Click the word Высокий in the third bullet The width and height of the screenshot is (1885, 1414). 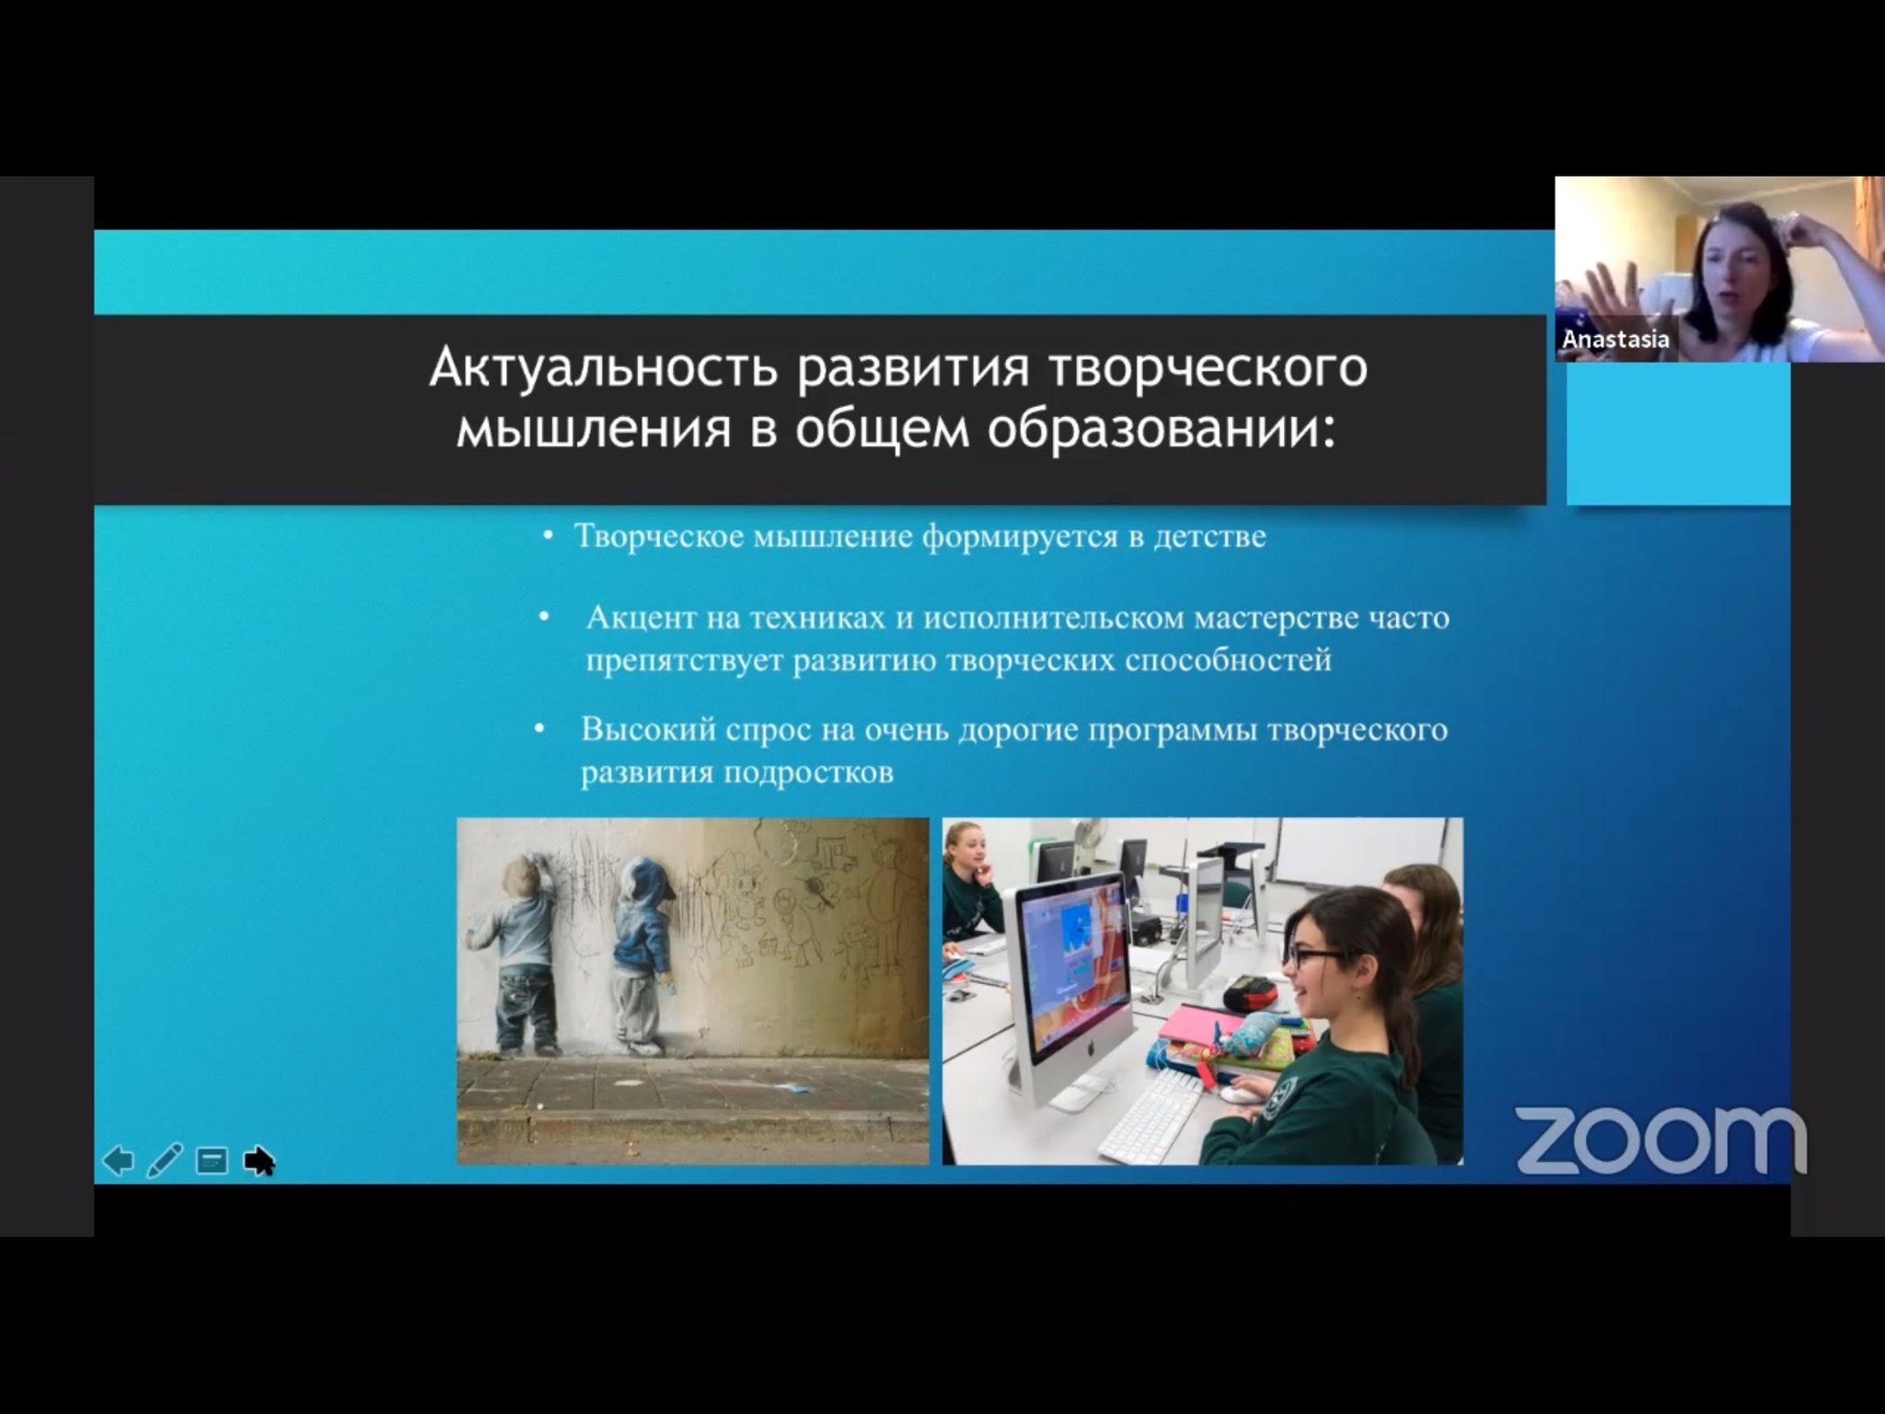[646, 729]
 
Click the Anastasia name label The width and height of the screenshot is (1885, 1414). [1615, 339]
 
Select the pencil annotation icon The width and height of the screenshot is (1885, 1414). [165, 1160]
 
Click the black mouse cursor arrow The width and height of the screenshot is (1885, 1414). [259, 1161]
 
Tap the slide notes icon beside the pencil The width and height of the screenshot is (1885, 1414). [213, 1161]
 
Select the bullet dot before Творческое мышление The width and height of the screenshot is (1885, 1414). [549, 535]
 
